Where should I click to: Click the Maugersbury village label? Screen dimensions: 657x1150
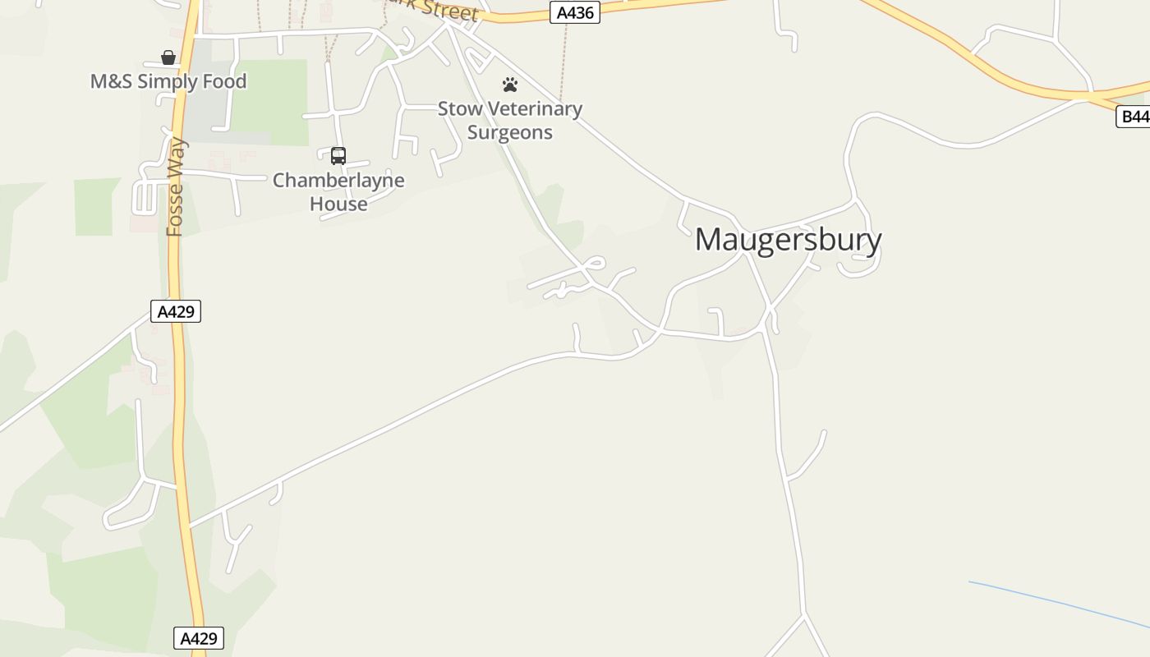click(x=788, y=240)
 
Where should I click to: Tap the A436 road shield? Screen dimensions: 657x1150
click(x=574, y=13)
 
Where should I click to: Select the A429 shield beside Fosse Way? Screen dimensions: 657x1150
click(x=176, y=311)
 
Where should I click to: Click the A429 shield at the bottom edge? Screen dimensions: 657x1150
click(x=198, y=638)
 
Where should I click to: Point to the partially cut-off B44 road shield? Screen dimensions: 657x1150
click(x=1134, y=117)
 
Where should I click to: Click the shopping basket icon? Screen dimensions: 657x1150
click(x=168, y=57)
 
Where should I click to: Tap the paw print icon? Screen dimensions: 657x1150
click(x=510, y=85)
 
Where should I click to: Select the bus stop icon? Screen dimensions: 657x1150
click(x=338, y=156)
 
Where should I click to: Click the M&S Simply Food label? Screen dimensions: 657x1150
click(x=168, y=81)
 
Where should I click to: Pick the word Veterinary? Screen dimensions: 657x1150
click(x=536, y=108)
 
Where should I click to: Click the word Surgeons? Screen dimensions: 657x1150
click(x=509, y=132)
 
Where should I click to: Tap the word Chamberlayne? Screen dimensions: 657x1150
click(x=338, y=180)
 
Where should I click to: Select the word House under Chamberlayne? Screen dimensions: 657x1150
click(x=338, y=204)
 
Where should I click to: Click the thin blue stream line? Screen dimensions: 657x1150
click(x=1060, y=606)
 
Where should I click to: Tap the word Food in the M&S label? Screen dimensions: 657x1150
click(x=223, y=81)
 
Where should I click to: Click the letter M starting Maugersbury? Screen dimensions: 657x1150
click(x=711, y=240)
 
